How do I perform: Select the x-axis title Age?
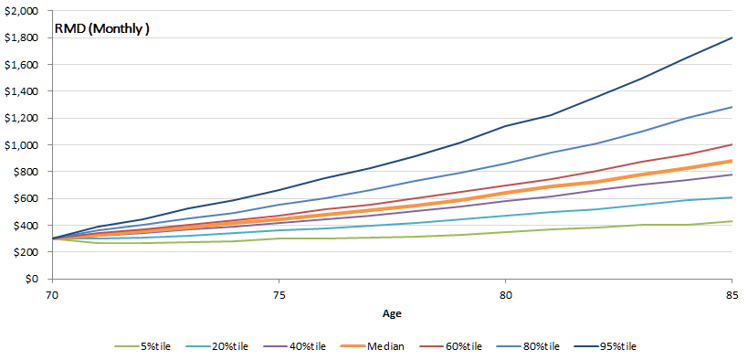pos(390,312)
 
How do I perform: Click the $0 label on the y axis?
pos(34,279)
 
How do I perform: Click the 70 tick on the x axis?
pos(53,295)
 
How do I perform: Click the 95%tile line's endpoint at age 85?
pos(731,37)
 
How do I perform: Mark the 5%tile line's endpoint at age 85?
pos(731,221)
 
